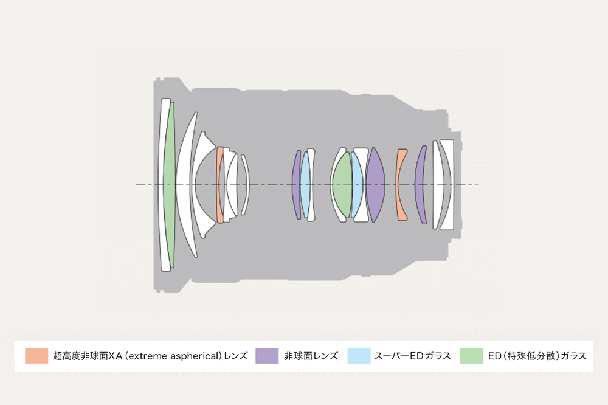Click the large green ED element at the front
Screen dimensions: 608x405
(x=170, y=185)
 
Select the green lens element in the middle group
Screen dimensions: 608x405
(x=342, y=185)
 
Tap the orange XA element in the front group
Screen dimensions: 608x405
(x=219, y=185)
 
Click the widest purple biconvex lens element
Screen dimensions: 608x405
(x=375, y=185)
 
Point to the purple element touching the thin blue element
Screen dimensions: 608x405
(x=297, y=185)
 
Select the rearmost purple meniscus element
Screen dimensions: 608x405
(x=420, y=185)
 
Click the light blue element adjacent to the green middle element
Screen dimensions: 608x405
(x=357, y=185)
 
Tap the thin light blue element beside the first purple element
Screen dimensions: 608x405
(x=305, y=185)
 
